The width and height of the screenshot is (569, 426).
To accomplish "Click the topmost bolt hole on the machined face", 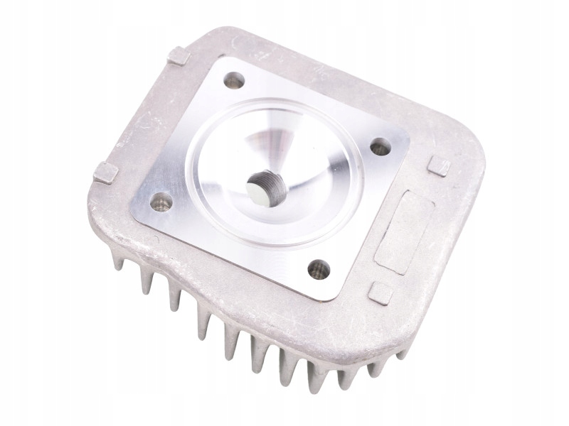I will pyautogui.click(x=234, y=80).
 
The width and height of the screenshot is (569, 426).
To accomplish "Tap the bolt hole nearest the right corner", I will pyautogui.click(x=380, y=147).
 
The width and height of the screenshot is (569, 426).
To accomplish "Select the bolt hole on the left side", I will pyautogui.click(x=162, y=203).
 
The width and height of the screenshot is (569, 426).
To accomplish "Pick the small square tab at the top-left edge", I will pyautogui.click(x=179, y=55).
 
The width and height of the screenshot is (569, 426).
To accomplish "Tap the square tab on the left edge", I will pyautogui.click(x=105, y=171).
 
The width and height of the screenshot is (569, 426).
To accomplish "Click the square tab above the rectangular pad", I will pyautogui.click(x=440, y=165).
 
